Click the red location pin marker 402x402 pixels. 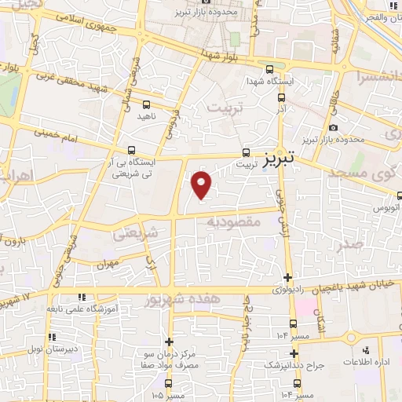(202, 185)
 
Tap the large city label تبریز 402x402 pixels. (280, 159)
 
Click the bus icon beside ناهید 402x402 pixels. (146, 104)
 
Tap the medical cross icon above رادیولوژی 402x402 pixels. (288, 277)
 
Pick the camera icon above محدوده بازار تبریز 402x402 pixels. (334, 128)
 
